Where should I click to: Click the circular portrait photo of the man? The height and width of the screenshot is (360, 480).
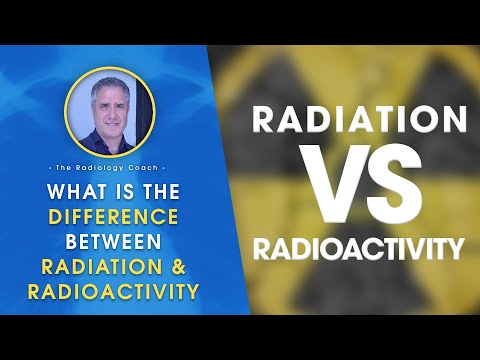[109, 111]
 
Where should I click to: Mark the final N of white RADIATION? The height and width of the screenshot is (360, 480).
[452, 120]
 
